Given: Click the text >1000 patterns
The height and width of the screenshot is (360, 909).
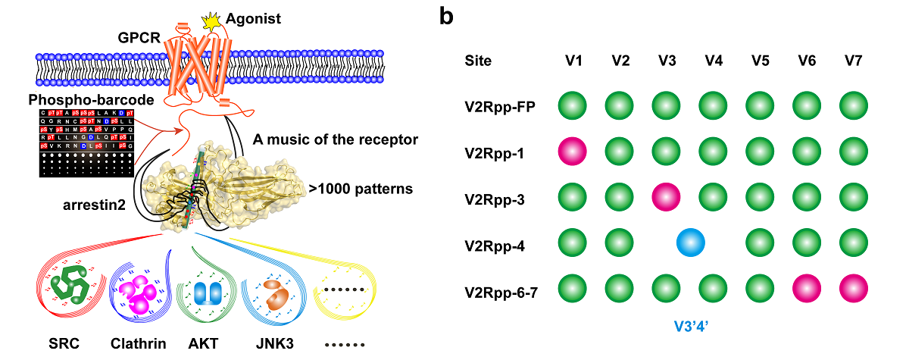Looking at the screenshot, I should pyautogui.click(x=362, y=188).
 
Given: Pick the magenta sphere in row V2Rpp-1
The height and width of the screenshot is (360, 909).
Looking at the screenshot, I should pyautogui.click(x=574, y=152).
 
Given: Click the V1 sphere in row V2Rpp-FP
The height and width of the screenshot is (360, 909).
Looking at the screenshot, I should pyautogui.click(x=574, y=107).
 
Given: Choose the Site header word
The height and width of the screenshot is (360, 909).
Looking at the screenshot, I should pyautogui.click(x=478, y=61).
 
